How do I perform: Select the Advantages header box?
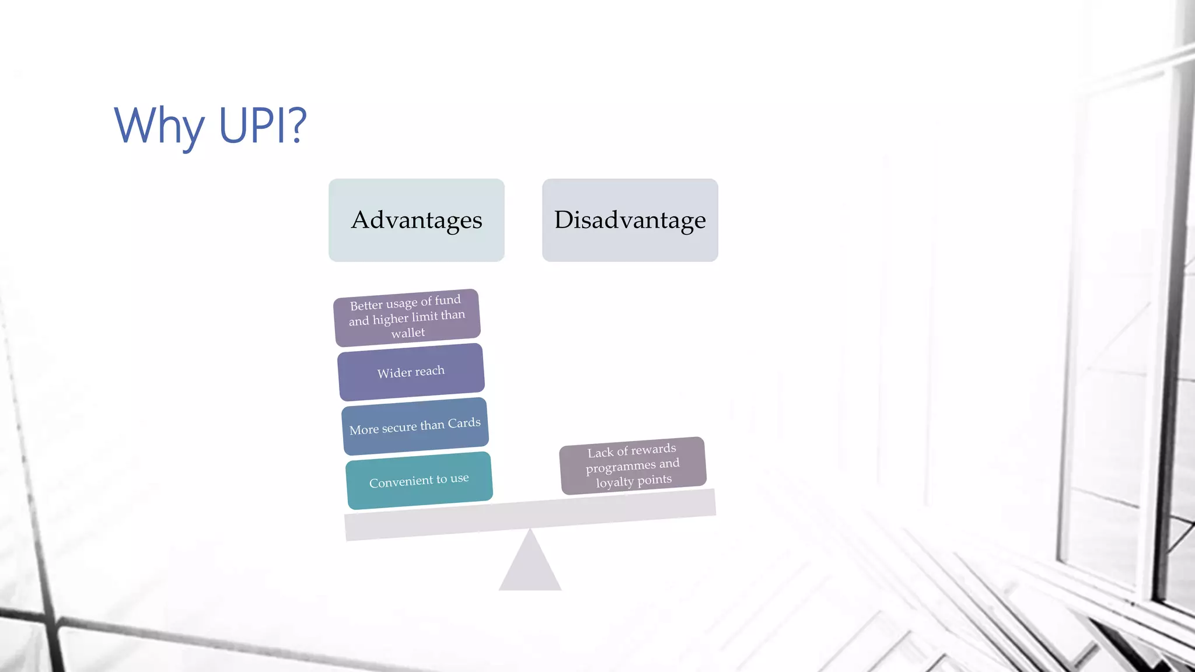tap(416, 220)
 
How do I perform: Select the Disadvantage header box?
tap(630, 220)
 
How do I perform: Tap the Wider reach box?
tap(411, 372)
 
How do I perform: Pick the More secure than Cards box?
tap(415, 426)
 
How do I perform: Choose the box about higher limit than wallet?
tap(407, 317)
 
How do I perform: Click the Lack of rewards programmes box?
tap(633, 466)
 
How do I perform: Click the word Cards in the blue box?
tap(464, 423)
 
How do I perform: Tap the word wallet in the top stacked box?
tap(408, 333)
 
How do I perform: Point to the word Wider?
tap(394, 373)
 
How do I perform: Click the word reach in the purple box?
tap(430, 371)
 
